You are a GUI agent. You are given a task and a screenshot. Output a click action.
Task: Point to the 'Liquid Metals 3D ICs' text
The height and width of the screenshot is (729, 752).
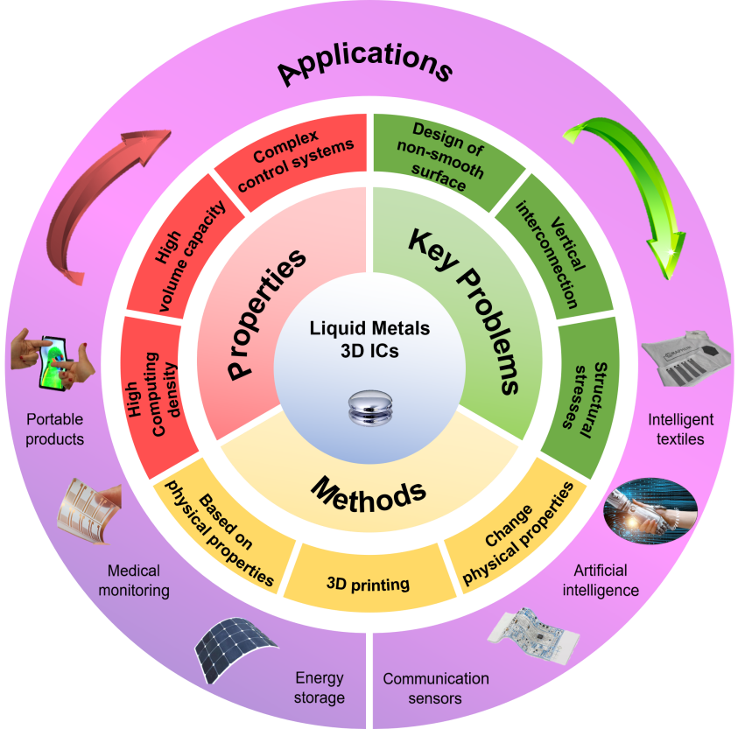(370, 339)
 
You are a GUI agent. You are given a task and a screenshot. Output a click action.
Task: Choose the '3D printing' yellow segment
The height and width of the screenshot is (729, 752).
(368, 583)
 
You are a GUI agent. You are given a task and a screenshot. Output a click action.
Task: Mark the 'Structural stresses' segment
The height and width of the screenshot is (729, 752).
(582, 394)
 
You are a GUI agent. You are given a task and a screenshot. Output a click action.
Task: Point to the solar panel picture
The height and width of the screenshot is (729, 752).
(234, 653)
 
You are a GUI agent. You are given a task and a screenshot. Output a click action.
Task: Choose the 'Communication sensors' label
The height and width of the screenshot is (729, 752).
(435, 688)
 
